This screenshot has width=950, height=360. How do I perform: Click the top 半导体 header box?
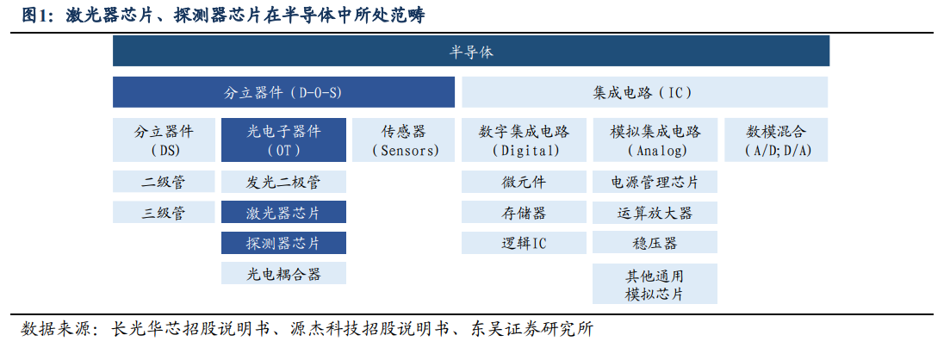(471, 51)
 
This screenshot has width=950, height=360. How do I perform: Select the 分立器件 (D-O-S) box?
(283, 92)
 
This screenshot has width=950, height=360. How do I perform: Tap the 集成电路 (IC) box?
(645, 92)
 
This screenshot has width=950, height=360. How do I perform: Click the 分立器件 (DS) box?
(164, 140)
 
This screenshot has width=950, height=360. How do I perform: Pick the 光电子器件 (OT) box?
(283, 140)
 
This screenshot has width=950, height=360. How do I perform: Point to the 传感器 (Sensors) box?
(403, 140)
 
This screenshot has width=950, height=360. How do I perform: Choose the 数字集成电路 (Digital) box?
(524, 140)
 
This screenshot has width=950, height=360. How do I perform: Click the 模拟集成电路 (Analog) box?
(655, 140)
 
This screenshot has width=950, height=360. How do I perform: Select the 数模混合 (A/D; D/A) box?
(776, 140)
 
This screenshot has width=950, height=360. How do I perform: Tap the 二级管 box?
(164, 181)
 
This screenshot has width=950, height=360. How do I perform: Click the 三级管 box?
(164, 212)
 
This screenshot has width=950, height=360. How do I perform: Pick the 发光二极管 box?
(283, 181)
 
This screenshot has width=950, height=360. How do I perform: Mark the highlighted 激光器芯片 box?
(283, 212)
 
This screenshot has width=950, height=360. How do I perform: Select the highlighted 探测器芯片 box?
(283, 242)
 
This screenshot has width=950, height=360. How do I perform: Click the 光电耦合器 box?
(283, 273)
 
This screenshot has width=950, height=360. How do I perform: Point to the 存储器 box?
(524, 212)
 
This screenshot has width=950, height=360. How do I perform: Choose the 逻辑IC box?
(524, 242)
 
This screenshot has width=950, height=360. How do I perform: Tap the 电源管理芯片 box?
(655, 181)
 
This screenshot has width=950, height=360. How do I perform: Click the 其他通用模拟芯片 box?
(655, 283)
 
